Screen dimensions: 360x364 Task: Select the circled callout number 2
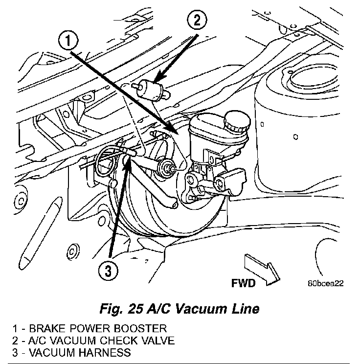(x=197, y=20)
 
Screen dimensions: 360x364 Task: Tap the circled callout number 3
(x=108, y=270)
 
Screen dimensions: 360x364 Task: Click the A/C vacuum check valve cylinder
(x=150, y=90)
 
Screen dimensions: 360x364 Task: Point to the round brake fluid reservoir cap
(x=237, y=122)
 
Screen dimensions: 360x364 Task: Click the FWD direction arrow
(x=262, y=269)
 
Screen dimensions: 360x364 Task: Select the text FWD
(x=243, y=283)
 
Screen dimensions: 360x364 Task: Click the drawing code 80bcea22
(x=326, y=283)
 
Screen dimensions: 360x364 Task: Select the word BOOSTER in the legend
(x=141, y=328)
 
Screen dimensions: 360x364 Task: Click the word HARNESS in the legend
(x=105, y=352)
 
